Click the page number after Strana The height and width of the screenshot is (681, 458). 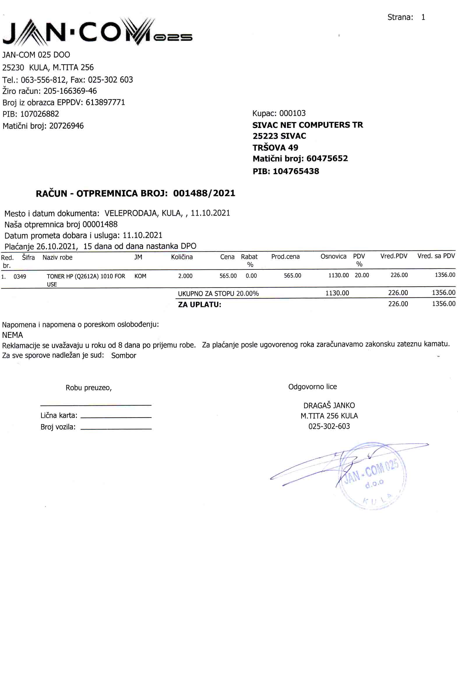[x=423, y=17]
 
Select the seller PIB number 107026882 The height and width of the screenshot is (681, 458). [x=39, y=114]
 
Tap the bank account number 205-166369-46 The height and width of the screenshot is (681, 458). [x=70, y=91]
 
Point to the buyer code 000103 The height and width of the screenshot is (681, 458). [x=293, y=113]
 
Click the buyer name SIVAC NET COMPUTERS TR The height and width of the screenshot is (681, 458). [x=308, y=125]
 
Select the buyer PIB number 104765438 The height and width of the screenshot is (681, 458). [x=296, y=172]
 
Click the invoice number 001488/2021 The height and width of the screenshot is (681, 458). [x=204, y=193]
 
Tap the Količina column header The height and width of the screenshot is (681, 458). [x=182, y=257]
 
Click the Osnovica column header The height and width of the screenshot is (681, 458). [x=333, y=256]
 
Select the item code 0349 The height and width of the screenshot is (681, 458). [x=20, y=276]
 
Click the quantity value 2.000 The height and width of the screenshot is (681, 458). [x=185, y=276]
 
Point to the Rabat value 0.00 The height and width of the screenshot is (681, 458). [x=251, y=276]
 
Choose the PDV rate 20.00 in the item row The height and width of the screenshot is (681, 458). [x=362, y=275]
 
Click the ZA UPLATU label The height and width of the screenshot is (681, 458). [x=200, y=305]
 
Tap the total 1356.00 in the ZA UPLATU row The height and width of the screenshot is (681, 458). [x=443, y=304]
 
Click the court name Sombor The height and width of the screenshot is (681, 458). [x=124, y=356]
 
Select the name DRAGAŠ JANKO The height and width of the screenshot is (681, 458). [x=329, y=406]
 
